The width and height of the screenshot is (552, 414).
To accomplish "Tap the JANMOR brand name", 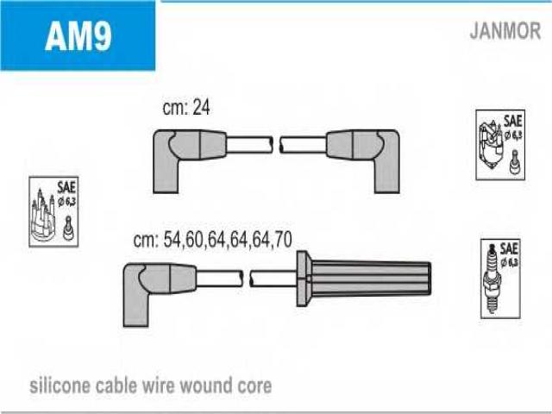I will pos(505,32).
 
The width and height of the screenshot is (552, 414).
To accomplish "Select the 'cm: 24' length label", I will pos(186,109).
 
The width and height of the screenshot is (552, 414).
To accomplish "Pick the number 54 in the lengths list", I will pos(173,241).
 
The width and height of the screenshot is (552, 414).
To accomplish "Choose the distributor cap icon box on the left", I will pos(53,212).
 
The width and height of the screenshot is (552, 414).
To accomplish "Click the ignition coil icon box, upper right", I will pos(500,144).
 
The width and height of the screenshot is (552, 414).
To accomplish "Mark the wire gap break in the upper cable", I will pos(276,144).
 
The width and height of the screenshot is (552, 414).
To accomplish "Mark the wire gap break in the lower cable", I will pos(246,278).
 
